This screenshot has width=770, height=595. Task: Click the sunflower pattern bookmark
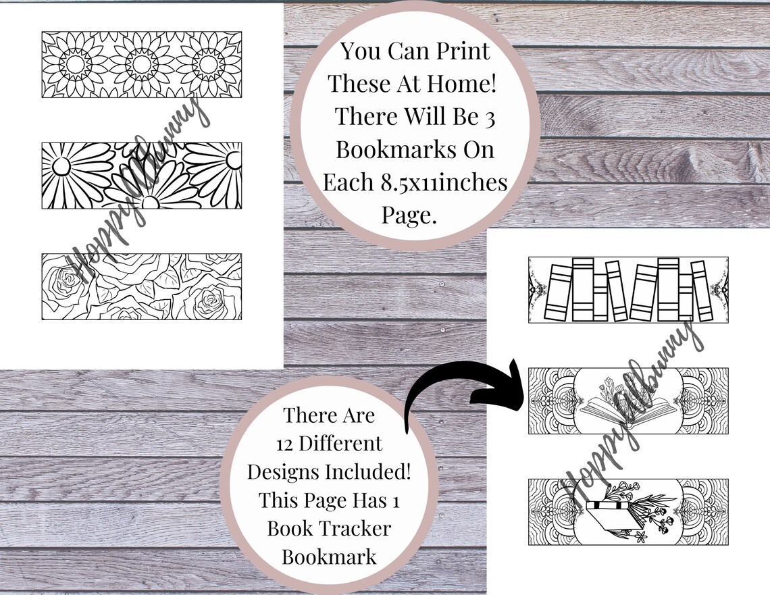click(141, 64)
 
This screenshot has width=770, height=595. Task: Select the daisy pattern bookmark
click(141, 176)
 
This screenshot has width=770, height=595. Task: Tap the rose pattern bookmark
click(141, 286)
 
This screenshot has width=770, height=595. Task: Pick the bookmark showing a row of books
click(628, 290)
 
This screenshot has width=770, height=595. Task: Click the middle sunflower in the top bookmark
click(141, 64)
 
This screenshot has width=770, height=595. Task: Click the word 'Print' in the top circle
click(464, 51)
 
